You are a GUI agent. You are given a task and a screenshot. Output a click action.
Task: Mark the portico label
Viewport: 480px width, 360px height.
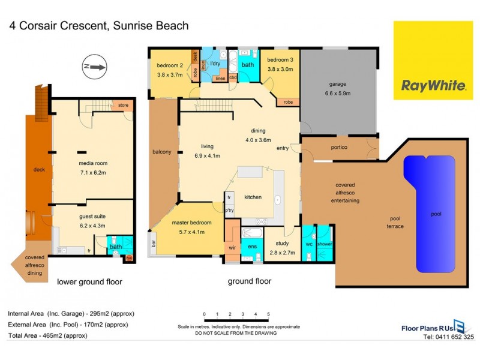(340, 148)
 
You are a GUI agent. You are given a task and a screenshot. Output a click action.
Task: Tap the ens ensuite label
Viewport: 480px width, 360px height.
(252, 247)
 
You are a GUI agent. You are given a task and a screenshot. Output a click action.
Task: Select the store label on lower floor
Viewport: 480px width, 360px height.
(122, 106)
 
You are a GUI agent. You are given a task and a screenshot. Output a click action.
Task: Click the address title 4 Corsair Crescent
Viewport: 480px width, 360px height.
(98, 25)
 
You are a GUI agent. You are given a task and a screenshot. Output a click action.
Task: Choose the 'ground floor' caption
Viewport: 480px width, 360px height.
(250, 281)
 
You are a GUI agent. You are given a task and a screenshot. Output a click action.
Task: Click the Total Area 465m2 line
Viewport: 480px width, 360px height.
(48, 335)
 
